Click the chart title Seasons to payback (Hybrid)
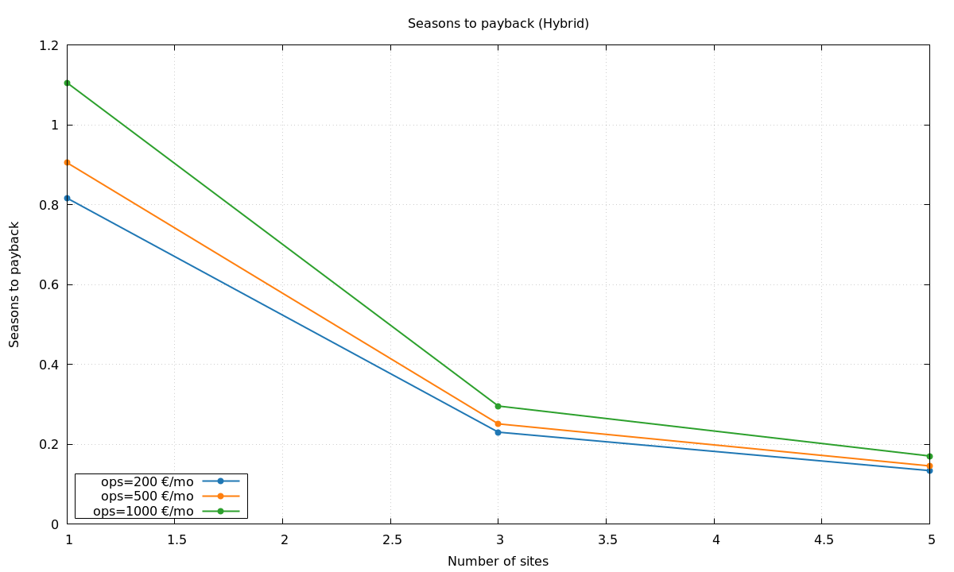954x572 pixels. [x=498, y=24]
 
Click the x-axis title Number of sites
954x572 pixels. [x=498, y=561]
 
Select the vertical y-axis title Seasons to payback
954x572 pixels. [x=15, y=284]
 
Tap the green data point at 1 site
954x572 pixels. [x=68, y=83]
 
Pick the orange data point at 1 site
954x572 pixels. [x=68, y=163]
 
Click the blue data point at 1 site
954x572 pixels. [x=68, y=198]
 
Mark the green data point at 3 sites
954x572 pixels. [x=498, y=406]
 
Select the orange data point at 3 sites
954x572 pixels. [x=498, y=423]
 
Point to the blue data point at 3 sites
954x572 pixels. [x=498, y=432]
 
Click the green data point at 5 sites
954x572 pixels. [x=929, y=456]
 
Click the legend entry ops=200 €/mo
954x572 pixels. [x=147, y=481]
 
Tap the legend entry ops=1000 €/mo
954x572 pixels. [x=143, y=511]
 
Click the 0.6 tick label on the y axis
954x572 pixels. [x=49, y=284]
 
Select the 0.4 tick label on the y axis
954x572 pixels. [x=49, y=365]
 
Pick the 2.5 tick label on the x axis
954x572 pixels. [x=390, y=540]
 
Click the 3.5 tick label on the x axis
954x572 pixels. [x=607, y=540]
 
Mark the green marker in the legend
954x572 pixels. [x=221, y=511]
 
